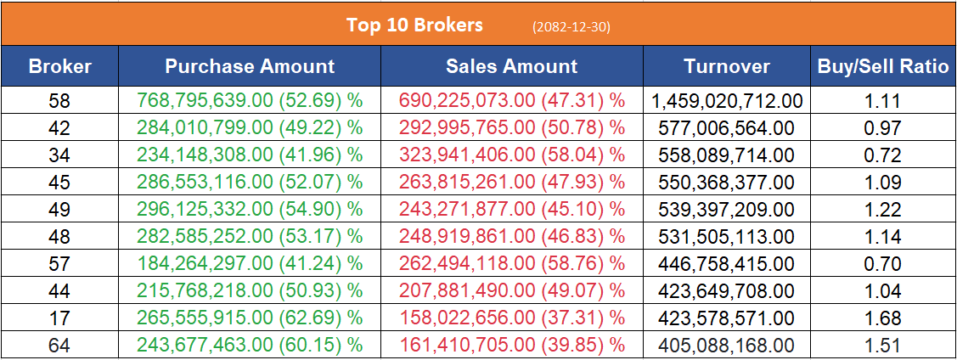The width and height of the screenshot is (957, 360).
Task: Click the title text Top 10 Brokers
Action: click(x=414, y=25)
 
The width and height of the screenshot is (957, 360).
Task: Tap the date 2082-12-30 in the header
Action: click(x=571, y=27)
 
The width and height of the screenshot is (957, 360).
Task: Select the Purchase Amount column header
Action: click(x=250, y=66)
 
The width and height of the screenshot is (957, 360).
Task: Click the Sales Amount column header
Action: click(x=511, y=66)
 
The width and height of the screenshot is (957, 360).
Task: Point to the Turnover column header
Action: click(x=727, y=66)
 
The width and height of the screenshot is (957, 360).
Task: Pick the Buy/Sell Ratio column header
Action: click(x=883, y=66)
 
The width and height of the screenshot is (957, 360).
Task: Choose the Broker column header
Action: click(x=59, y=66)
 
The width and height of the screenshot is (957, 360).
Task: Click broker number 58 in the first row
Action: click(x=59, y=102)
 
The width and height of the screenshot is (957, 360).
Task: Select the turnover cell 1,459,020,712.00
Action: click(x=727, y=102)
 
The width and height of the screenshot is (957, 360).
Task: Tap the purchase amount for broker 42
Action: click(x=250, y=128)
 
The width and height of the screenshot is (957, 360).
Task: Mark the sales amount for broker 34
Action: click(x=511, y=155)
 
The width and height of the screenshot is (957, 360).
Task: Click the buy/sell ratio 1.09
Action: click(x=883, y=183)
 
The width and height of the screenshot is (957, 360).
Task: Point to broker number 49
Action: click(x=59, y=210)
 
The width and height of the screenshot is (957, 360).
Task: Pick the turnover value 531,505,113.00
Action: click(x=727, y=237)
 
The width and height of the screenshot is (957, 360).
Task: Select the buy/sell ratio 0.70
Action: click(x=883, y=264)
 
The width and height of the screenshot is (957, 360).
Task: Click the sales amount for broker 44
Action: click(x=511, y=291)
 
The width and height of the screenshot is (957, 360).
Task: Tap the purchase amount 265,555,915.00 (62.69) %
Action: click(x=250, y=318)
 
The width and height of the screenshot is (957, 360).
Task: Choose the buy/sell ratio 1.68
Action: click(x=883, y=318)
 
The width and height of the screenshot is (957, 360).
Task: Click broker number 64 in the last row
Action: click(x=59, y=346)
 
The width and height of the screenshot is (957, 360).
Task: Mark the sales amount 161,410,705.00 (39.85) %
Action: click(x=511, y=346)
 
